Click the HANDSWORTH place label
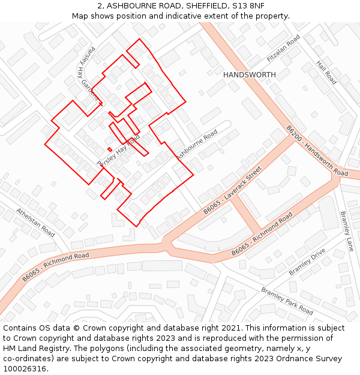point(250,74)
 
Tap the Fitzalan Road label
point(283,49)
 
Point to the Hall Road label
point(326,72)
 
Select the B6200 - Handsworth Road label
point(316,151)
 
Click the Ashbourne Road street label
point(196,145)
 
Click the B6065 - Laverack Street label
point(232,190)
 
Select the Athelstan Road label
point(35,221)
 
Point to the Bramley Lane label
point(347,231)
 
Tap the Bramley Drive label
point(307,262)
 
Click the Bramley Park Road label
point(287,301)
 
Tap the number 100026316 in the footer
point(23,368)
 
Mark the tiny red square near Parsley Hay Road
point(109,149)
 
